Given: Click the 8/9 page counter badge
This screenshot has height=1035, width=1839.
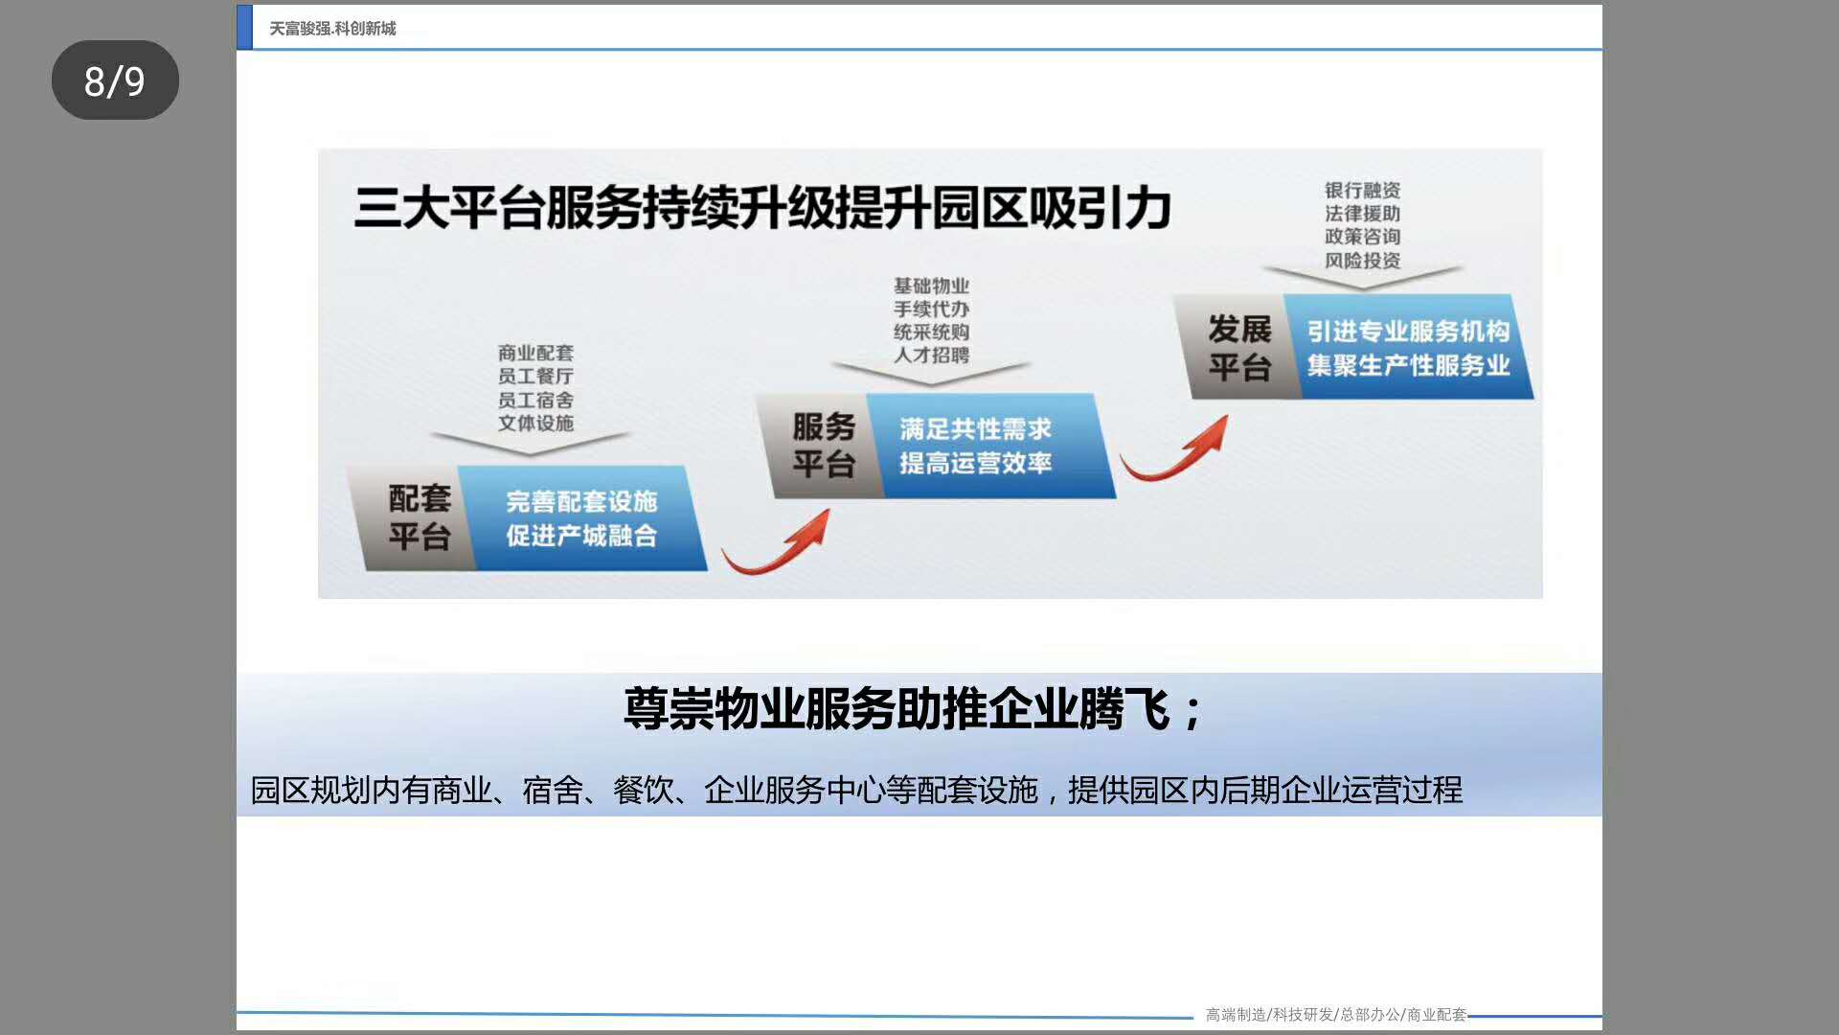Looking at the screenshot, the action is [x=115, y=80].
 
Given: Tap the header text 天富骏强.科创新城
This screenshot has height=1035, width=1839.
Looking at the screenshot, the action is [x=332, y=29].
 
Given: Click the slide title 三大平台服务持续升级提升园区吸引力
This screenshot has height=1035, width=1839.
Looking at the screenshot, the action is [x=762, y=208].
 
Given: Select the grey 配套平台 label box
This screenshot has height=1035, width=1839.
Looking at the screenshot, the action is [x=412, y=517].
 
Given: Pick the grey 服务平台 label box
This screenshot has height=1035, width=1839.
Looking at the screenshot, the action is [x=820, y=446].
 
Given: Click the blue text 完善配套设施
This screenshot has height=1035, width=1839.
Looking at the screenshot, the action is [x=581, y=501].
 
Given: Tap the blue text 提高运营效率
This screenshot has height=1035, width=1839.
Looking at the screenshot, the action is [x=975, y=463].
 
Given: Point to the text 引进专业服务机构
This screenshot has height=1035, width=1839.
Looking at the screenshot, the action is [x=1408, y=332].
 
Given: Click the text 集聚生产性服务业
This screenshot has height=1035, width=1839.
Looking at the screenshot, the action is [x=1408, y=365].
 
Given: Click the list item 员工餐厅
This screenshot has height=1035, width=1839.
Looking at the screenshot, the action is [x=535, y=377].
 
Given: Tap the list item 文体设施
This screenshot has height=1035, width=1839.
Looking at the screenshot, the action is [x=535, y=423].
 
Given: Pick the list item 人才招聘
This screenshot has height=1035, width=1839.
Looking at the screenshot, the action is [x=931, y=355].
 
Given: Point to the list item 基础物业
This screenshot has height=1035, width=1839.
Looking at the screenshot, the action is [x=931, y=286].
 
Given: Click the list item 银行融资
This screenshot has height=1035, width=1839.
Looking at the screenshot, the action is [x=1362, y=191].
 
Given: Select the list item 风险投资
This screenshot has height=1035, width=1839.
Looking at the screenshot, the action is [x=1362, y=260].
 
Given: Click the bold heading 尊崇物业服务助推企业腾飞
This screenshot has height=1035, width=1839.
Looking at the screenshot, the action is [x=897, y=710].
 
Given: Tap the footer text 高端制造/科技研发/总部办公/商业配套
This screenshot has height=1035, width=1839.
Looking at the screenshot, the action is [x=1335, y=1015].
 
